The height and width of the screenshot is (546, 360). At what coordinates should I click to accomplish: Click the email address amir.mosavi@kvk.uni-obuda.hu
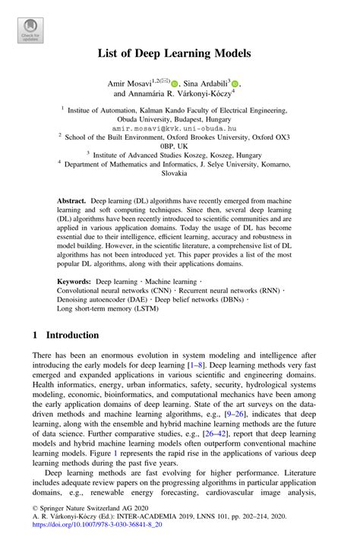179,130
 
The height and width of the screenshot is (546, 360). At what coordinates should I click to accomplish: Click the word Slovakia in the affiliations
179,173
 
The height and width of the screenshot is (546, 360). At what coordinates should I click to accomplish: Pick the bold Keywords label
74,281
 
